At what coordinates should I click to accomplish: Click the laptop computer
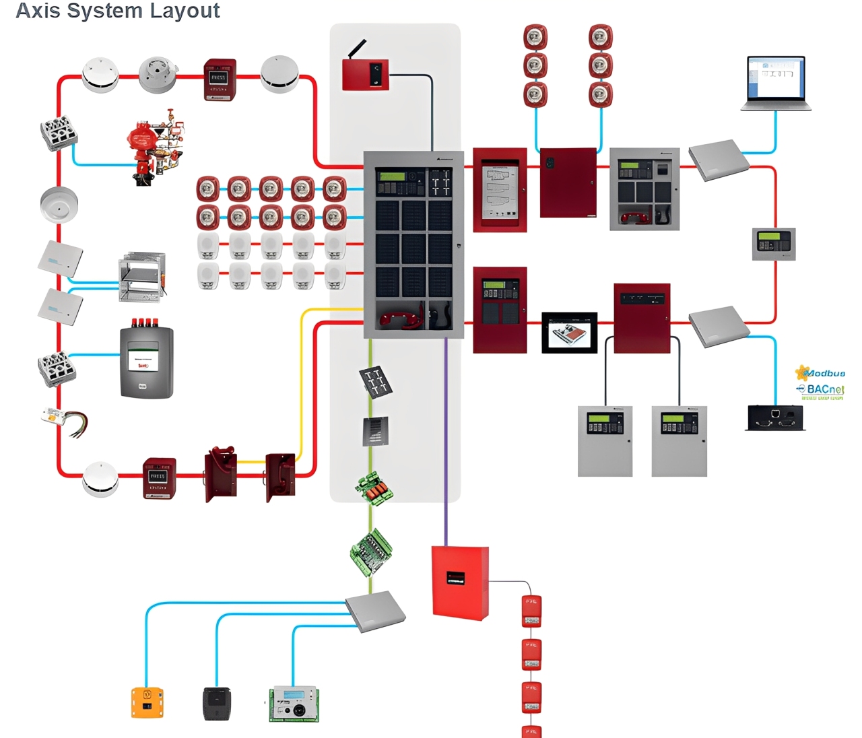coord(776,83)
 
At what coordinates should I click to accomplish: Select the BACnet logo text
coord(824,389)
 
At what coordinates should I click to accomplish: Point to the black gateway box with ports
coord(775,417)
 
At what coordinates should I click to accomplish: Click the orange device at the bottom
coord(147,702)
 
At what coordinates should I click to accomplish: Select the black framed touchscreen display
coord(570,333)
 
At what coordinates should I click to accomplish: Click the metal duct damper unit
coord(142,277)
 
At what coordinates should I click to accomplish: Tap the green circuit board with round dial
coord(294,704)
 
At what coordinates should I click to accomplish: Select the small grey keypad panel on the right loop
coord(774,244)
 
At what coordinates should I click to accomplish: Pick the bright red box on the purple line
coord(460,582)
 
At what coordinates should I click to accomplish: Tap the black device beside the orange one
coord(217,704)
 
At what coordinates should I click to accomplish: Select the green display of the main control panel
coord(392,176)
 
